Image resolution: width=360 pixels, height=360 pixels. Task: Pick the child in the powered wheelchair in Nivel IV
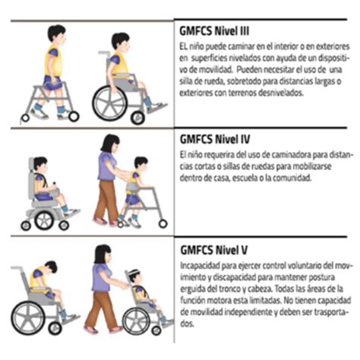[x=46, y=186]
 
